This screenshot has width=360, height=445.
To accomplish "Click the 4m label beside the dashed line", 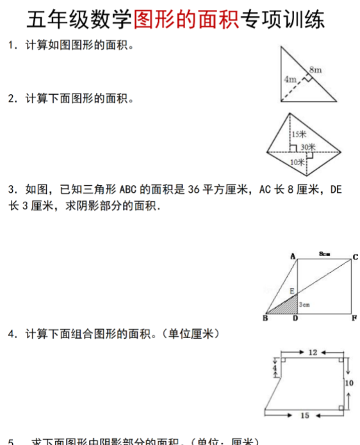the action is tap(290, 79).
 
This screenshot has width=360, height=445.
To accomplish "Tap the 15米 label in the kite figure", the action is tap(299, 134).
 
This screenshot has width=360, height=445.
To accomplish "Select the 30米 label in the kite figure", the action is tap(308, 147).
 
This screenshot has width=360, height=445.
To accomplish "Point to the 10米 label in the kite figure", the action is tap(297, 162).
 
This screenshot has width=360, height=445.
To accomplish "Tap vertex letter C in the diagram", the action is tap(355, 257).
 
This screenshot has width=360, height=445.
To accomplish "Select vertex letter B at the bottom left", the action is tap(265, 318).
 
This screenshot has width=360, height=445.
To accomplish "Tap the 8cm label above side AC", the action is tap(324, 254).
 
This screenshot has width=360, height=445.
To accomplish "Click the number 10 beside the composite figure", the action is tap(348, 383).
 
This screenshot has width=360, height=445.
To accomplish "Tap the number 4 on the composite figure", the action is tap(274, 369).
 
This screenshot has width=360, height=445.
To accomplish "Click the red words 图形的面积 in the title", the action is tap(186, 20).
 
